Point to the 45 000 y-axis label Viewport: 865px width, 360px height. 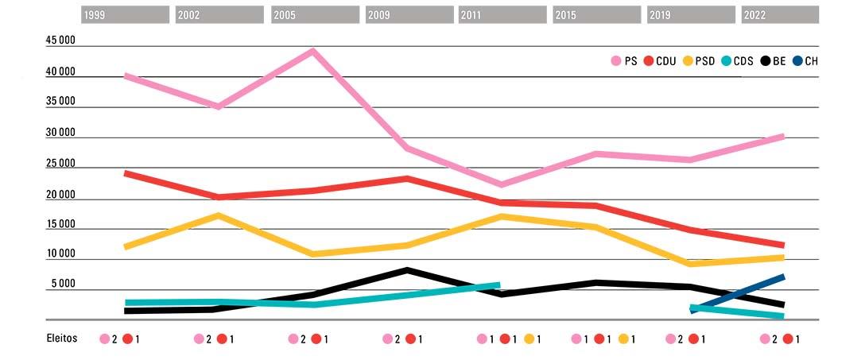point(60,41)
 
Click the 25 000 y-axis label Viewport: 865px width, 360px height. point(60,164)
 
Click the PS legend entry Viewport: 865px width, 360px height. point(623,60)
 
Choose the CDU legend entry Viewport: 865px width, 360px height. point(660,60)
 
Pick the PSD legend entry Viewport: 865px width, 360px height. point(697,60)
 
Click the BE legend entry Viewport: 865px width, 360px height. point(773,60)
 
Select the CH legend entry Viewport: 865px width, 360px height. point(805,60)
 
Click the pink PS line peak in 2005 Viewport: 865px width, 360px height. point(313,51)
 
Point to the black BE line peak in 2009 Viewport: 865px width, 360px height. point(407,270)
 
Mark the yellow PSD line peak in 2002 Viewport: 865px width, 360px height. point(218,215)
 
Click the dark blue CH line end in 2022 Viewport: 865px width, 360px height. point(782,277)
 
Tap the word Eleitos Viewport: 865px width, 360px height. point(61,338)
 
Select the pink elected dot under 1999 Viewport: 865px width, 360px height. point(104,339)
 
